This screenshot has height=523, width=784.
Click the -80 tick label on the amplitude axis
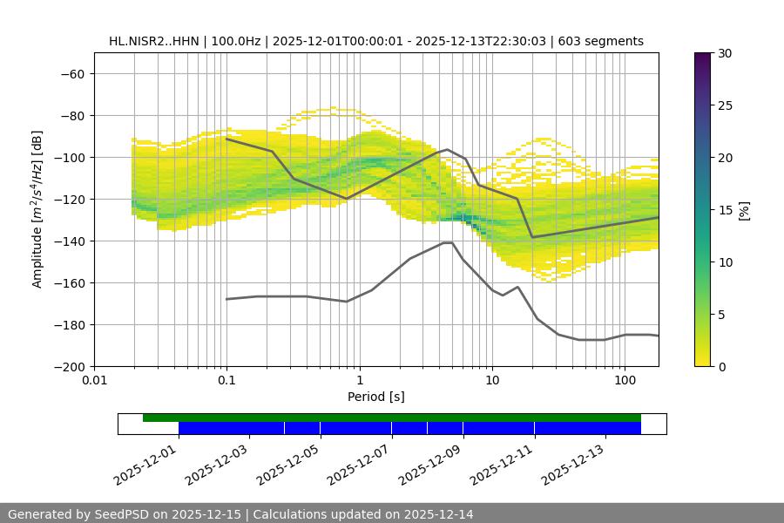click(71, 116)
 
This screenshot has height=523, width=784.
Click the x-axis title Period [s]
click(376, 397)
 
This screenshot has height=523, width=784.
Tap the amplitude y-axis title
click(37, 209)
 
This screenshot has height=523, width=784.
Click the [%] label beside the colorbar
click(743, 210)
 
